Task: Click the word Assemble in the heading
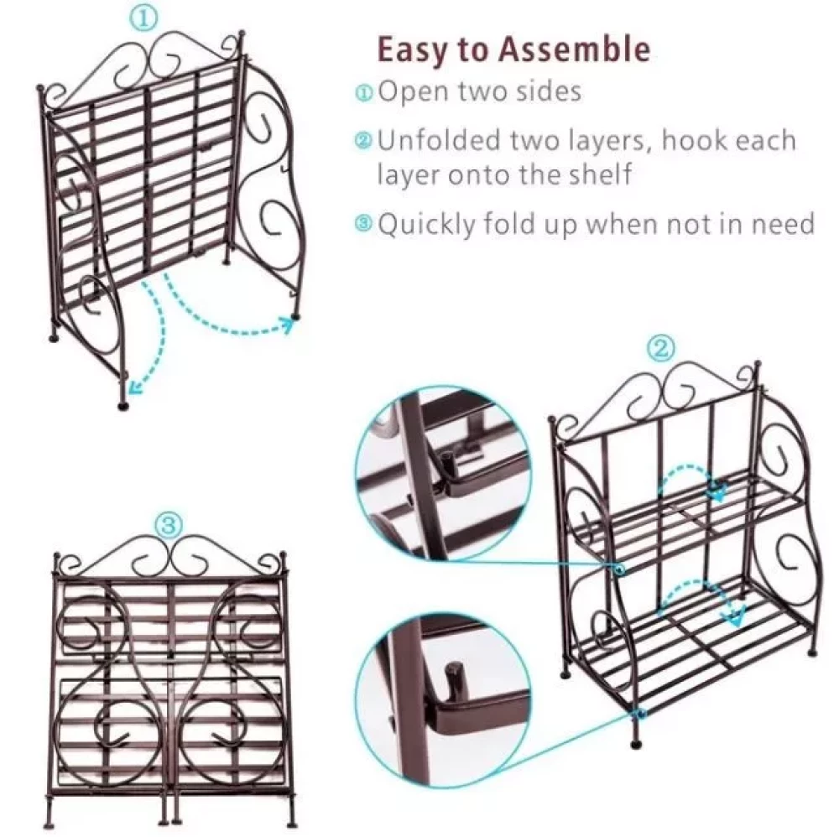point(575,49)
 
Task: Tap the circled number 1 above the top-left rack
point(144,18)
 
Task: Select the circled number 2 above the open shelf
point(661,348)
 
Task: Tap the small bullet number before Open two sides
point(363,92)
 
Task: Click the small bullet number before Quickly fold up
point(363,224)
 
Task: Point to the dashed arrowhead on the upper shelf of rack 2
point(718,491)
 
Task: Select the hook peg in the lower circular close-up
point(454,679)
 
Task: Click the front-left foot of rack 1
point(123,404)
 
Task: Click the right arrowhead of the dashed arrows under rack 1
point(289,324)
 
